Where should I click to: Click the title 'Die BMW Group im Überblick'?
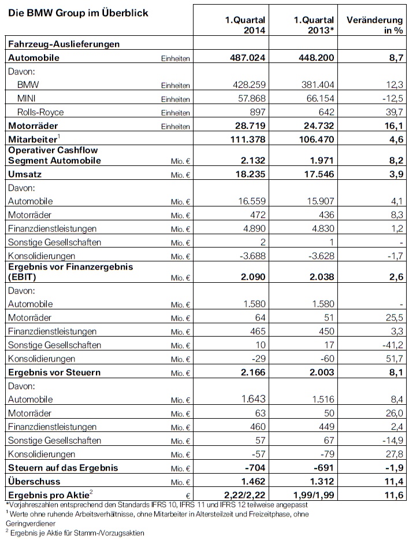click(77, 13)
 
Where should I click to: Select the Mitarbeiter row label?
click(32, 139)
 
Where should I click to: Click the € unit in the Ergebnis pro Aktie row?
click(188, 495)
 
